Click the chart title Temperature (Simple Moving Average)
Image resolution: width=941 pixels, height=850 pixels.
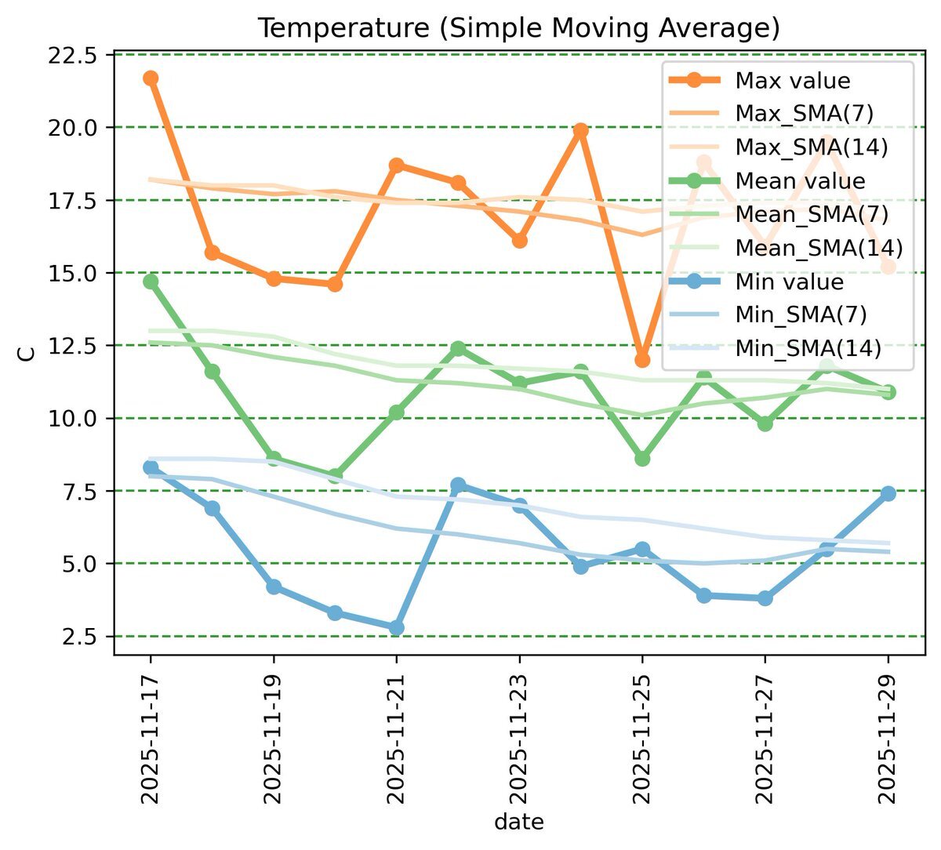[x=518, y=28]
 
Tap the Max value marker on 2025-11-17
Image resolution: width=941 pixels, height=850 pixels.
[x=151, y=78]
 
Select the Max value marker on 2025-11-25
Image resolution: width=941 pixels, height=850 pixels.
[x=642, y=360]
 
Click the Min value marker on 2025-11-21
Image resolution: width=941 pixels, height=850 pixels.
[x=397, y=627]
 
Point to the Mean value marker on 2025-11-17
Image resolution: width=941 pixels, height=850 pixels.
[x=151, y=282]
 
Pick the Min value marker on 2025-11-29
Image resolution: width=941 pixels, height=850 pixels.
[x=888, y=493]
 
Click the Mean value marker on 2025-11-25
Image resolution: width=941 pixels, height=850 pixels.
[x=642, y=459]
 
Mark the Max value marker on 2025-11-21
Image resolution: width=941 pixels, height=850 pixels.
[x=397, y=165]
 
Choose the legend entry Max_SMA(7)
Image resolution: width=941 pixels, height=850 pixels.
[x=804, y=114]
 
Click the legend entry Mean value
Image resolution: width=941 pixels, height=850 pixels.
[x=800, y=181]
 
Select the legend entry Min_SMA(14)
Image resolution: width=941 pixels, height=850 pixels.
[x=808, y=349]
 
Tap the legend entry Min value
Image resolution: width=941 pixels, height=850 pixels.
[x=789, y=282]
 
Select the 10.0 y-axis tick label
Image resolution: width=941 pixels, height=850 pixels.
[x=73, y=418]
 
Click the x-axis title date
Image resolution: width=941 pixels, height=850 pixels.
[x=518, y=823]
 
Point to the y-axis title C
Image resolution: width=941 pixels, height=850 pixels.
[x=27, y=354]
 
